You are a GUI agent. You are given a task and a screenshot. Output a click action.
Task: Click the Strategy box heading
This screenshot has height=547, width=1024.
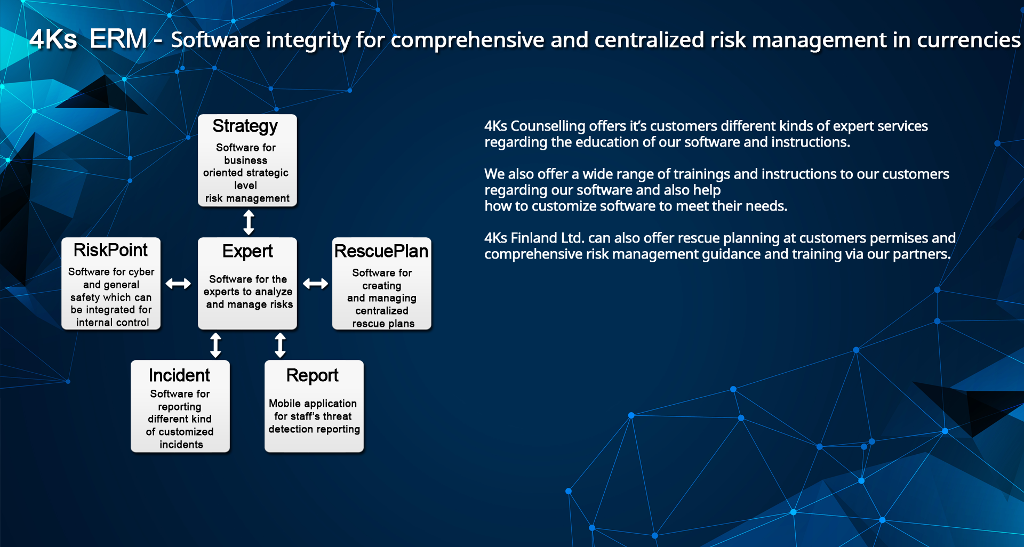tap(245, 126)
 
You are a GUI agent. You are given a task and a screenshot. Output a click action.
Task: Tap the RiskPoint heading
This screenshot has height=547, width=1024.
tap(110, 250)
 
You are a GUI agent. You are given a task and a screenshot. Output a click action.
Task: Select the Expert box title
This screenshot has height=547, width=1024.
tap(247, 251)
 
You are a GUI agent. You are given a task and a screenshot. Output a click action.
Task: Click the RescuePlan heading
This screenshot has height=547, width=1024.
tap(381, 251)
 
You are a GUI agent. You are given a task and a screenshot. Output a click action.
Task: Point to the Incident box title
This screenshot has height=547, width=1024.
tap(179, 375)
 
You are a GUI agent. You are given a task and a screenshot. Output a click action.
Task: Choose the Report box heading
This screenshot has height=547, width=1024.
tap(313, 376)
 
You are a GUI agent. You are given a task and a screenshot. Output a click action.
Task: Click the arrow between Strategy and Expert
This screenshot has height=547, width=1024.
tap(249, 222)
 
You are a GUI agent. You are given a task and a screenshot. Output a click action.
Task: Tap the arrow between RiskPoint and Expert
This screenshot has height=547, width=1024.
tap(178, 284)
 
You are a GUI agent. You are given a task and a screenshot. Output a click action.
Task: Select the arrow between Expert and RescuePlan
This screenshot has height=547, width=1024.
tap(316, 284)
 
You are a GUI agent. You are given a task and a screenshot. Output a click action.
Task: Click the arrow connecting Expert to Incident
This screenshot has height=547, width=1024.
tap(215, 345)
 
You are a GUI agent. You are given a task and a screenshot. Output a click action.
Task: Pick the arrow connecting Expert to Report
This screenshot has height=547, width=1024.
tap(280, 345)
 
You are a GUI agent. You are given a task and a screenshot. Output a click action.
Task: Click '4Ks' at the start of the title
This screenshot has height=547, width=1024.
tap(53, 39)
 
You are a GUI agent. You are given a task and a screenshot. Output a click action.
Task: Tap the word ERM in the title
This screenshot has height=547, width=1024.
tap(118, 39)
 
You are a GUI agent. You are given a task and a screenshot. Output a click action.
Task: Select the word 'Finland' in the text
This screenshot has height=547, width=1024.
tap(534, 238)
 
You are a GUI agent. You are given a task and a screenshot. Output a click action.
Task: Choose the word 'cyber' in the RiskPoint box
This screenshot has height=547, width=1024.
tap(142, 272)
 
